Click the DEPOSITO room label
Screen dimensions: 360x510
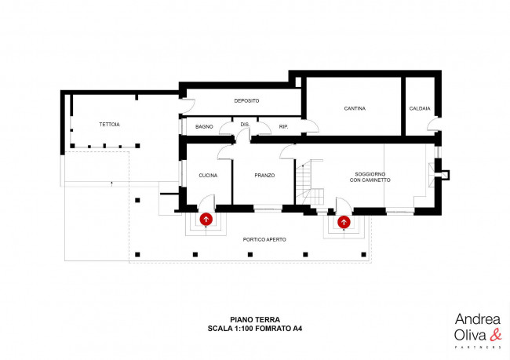pos(246,101)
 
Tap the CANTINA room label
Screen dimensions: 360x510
pos(355,108)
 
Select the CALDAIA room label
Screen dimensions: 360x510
pos(420,108)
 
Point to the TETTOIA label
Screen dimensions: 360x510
pos(109,125)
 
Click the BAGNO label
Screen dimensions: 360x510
pos(204,126)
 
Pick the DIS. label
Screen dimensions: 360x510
pos(244,125)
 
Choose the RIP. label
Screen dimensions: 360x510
pos(283,126)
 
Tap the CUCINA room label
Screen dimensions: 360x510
pos(208,175)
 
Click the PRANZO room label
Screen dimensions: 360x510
pos(264,175)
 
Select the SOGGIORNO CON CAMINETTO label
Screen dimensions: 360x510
pos(370,177)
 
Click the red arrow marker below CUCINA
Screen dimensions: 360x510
pos(206,220)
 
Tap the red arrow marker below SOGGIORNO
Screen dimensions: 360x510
pos(344,222)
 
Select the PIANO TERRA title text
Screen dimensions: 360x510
pos(255,319)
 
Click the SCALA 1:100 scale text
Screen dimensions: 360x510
pos(255,329)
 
